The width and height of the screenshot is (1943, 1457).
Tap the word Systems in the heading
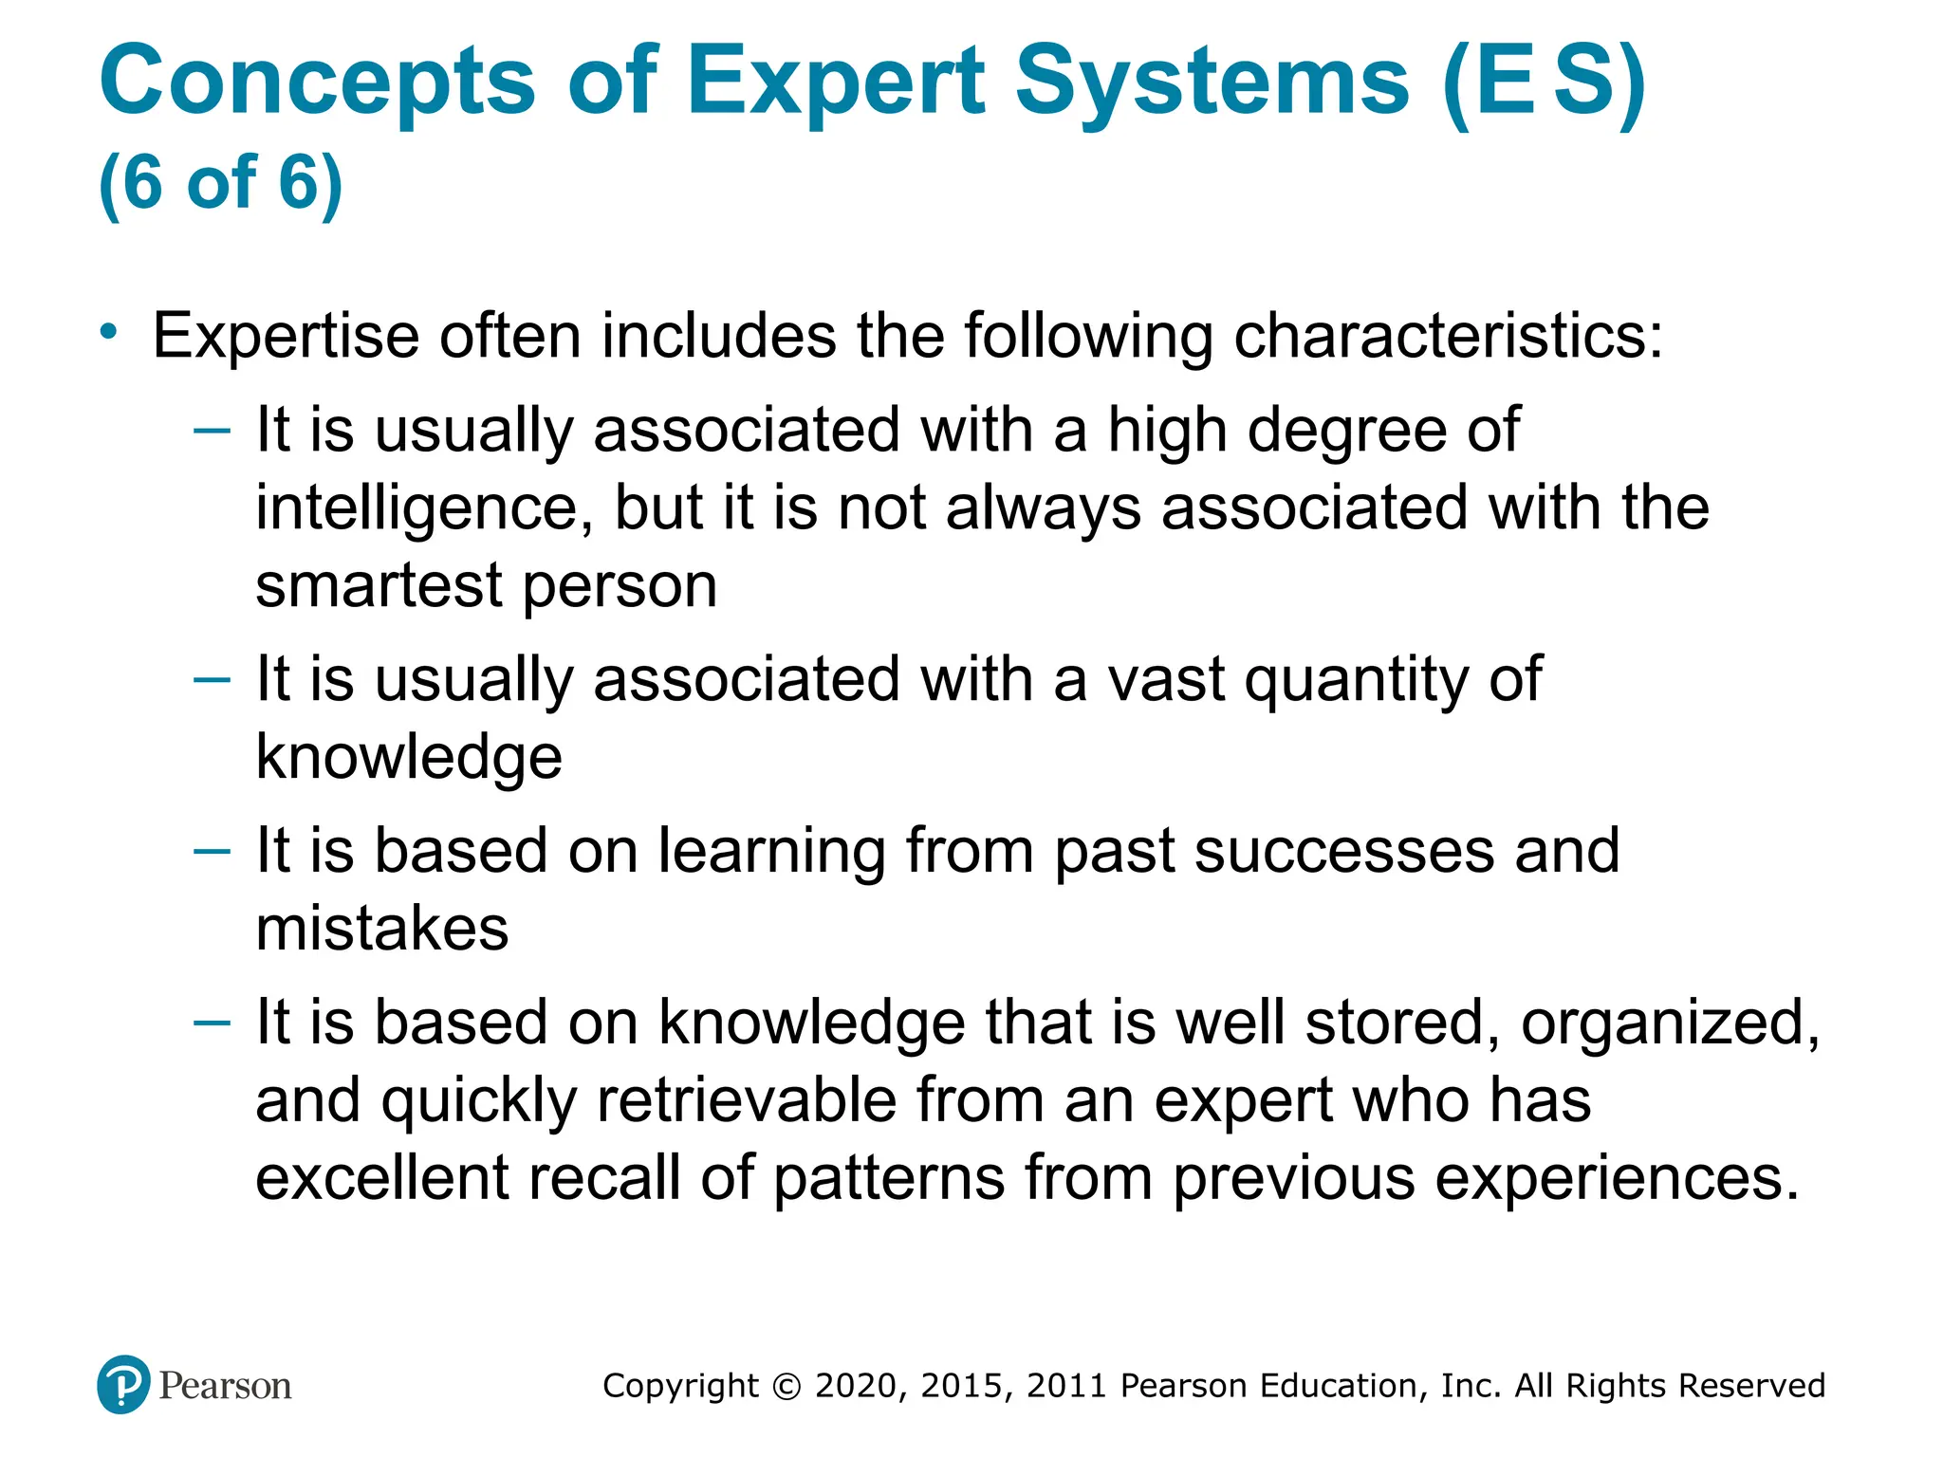click(1212, 83)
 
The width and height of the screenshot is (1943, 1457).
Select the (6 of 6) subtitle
click(220, 182)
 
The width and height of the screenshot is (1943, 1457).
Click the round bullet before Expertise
click(110, 331)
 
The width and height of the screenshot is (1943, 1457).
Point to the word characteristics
click(1448, 336)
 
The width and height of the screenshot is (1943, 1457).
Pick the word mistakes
click(382, 928)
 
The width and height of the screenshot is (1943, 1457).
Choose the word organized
click(1670, 1024)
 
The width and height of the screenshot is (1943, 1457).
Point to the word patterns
click(889, 1178)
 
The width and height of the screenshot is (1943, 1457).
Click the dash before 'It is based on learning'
click(212, 851)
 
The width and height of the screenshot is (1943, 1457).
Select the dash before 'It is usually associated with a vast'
click(212, 679)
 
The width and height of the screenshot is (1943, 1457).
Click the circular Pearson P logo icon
click(123, 1385)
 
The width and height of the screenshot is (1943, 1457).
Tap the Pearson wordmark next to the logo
click(225, 1387)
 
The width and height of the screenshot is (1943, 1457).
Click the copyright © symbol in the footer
click(787, 1387)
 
